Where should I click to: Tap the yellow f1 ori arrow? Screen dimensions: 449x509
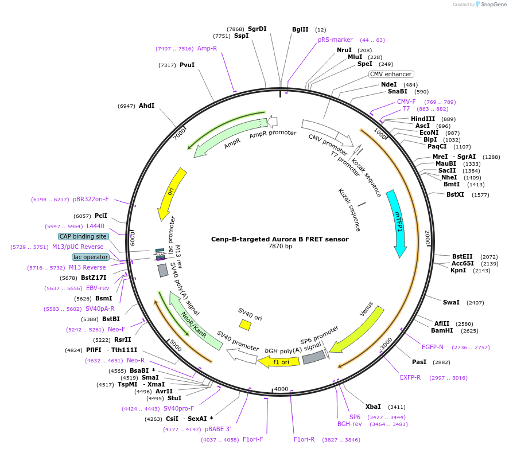(279, 362)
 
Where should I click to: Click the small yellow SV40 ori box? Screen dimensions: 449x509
(245, 325)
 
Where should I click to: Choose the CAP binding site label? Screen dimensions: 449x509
(83, 236)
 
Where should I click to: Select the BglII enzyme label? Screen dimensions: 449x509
(300, 29)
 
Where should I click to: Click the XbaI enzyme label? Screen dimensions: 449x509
(373, 407)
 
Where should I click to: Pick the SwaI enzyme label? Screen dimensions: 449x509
(451, 302)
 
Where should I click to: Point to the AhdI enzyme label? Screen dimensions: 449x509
(146, 106)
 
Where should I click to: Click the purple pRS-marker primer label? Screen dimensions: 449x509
(335, 40)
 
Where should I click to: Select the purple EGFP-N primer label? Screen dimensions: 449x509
(433, 347)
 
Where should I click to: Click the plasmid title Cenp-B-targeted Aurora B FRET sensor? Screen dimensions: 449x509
(279, 239)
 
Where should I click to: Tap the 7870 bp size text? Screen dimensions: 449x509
(280, 247)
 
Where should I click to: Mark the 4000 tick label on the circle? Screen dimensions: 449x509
(281, 389)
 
